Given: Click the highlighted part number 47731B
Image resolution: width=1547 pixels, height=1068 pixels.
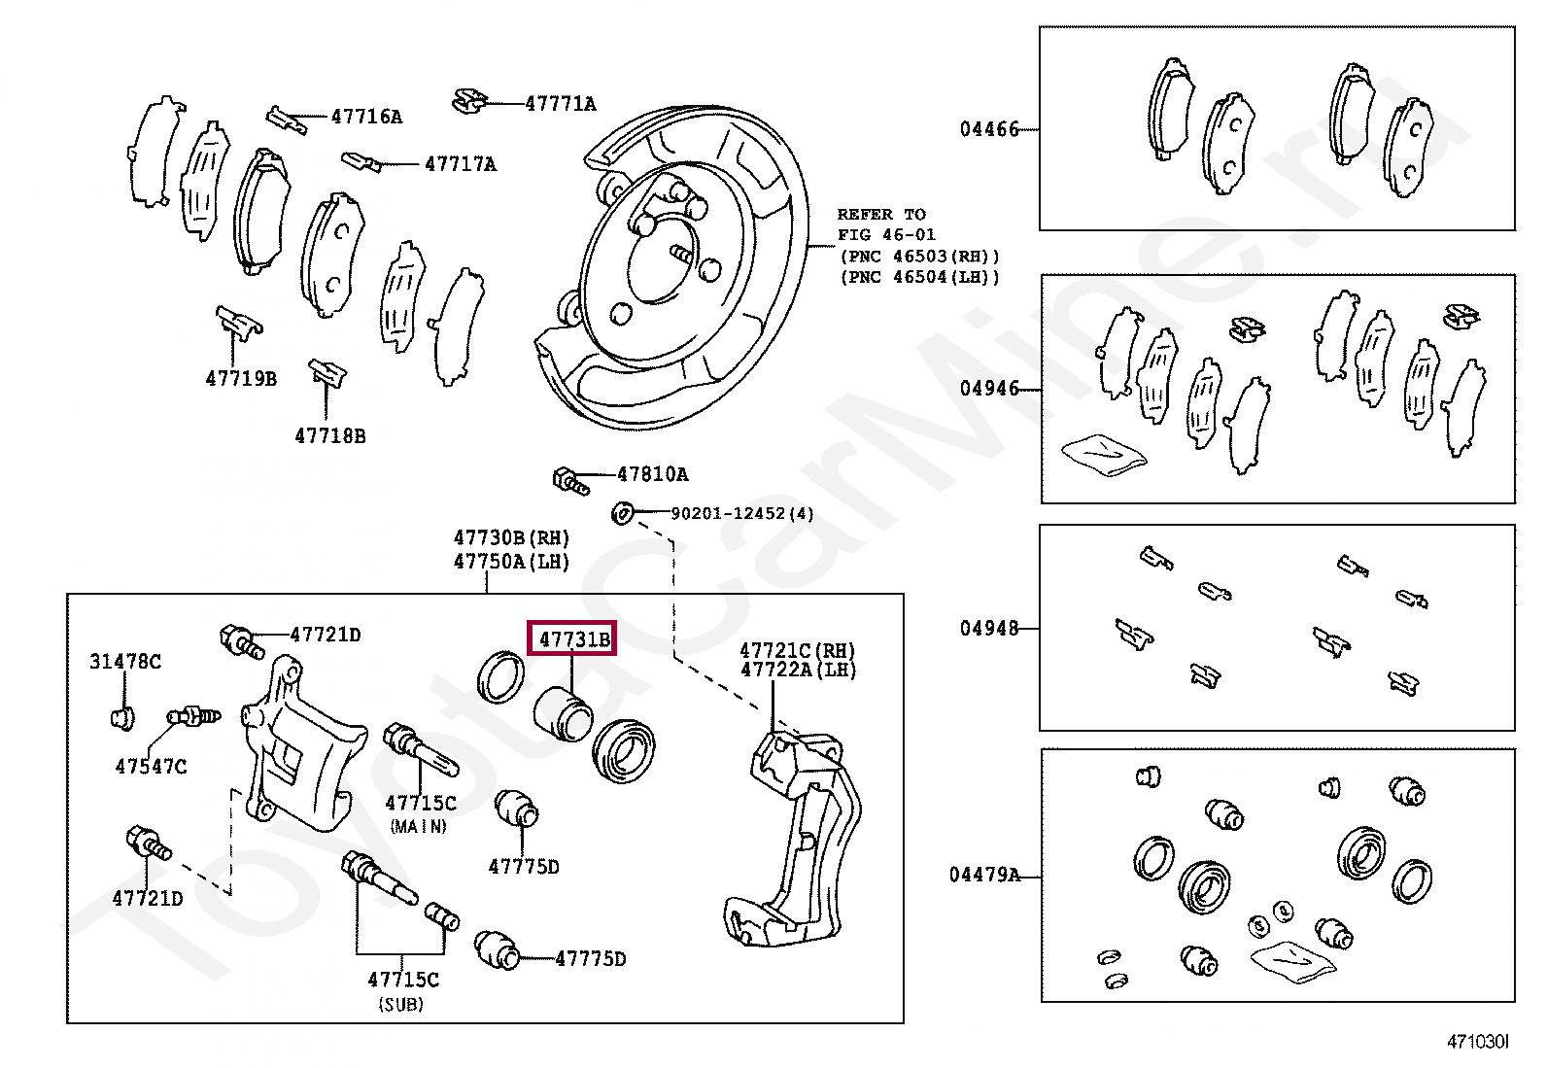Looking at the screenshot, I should (573, 638).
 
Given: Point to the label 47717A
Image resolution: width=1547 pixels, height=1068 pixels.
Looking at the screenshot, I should (460, 164).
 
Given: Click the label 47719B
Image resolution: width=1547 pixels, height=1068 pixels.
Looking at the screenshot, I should (241, 379).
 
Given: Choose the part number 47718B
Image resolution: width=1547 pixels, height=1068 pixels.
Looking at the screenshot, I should (330, 436).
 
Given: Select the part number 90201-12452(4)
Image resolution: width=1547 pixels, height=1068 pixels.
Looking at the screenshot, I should (742, 513).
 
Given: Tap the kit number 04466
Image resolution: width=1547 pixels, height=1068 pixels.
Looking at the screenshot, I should (989, 129).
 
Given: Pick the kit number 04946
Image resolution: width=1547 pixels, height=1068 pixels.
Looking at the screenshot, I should (989, 389).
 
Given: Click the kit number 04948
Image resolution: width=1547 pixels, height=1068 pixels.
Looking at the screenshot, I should (989, 629).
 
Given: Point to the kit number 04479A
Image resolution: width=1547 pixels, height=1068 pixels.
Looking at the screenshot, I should (984, 876).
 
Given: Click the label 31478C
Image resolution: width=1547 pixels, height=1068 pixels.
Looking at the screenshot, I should (125, 662).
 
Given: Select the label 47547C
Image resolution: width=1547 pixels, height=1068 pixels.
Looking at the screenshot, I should (151, 767).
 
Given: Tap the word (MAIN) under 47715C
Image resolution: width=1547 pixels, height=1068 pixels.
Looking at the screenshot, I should (419, 827).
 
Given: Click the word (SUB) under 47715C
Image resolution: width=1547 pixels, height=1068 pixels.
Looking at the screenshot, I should (401, 1005).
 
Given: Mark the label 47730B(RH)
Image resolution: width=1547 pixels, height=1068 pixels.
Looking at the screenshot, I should (511, 538).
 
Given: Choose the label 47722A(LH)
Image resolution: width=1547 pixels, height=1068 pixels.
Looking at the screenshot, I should (798, 670).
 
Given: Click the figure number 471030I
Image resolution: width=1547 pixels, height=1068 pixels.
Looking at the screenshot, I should (1477, 1042).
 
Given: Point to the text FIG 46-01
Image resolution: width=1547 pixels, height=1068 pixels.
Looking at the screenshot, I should (886, 235).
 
